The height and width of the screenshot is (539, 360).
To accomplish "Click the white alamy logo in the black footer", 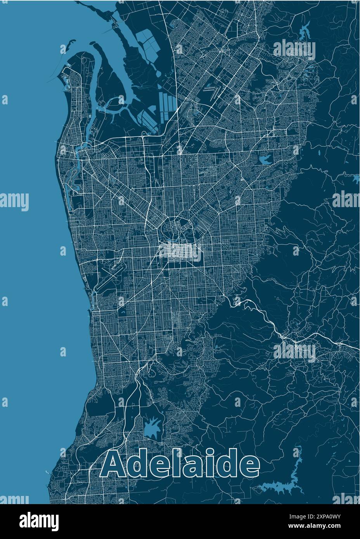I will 39,521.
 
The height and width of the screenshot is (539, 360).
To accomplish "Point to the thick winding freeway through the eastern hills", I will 272,322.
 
